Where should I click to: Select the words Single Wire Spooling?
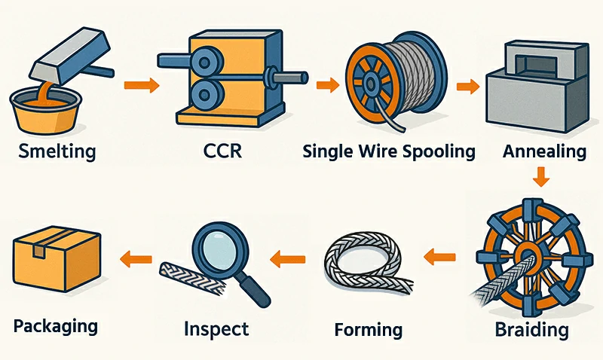click(389, 151)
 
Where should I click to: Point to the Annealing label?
click(544, 151)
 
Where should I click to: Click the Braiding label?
click(532, 329)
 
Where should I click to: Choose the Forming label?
click(368, 329)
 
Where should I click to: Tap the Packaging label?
click(56, 326)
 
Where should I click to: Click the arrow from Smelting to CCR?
click(141, 84)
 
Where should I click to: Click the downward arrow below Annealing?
click(540, 178)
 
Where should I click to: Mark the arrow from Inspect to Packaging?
click(133, 258)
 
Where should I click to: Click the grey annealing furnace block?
click(537, 94)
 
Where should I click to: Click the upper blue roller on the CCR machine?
click(201, 66)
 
